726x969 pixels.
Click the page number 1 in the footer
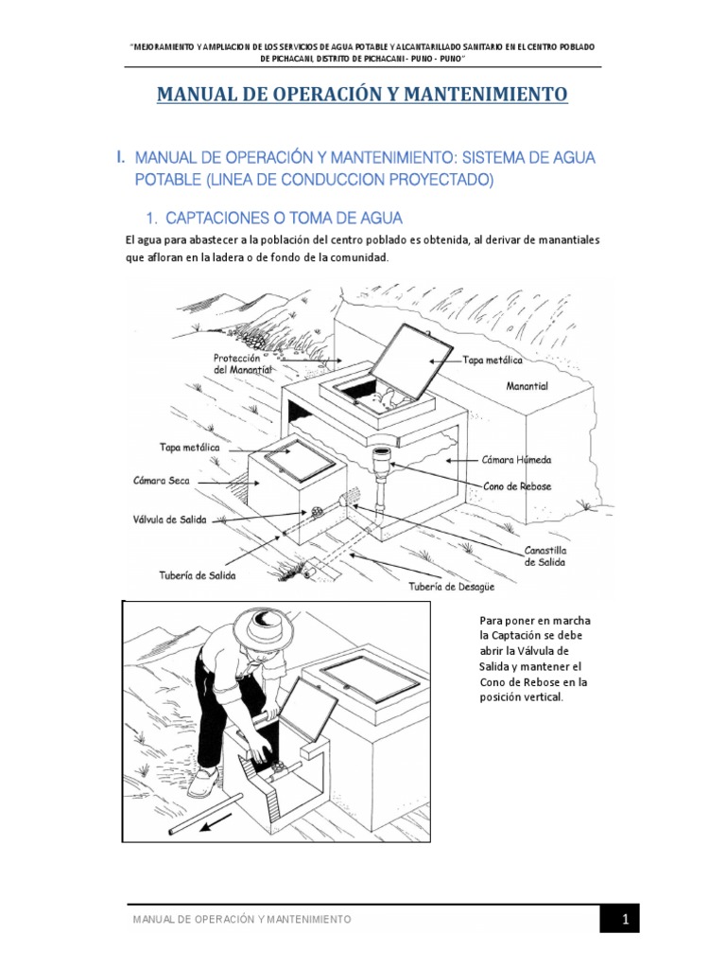[625, 919]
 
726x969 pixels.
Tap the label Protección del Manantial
[243, 364]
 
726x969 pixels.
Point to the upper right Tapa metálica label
[492, 361]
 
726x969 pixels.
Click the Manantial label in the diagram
[527, 387]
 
